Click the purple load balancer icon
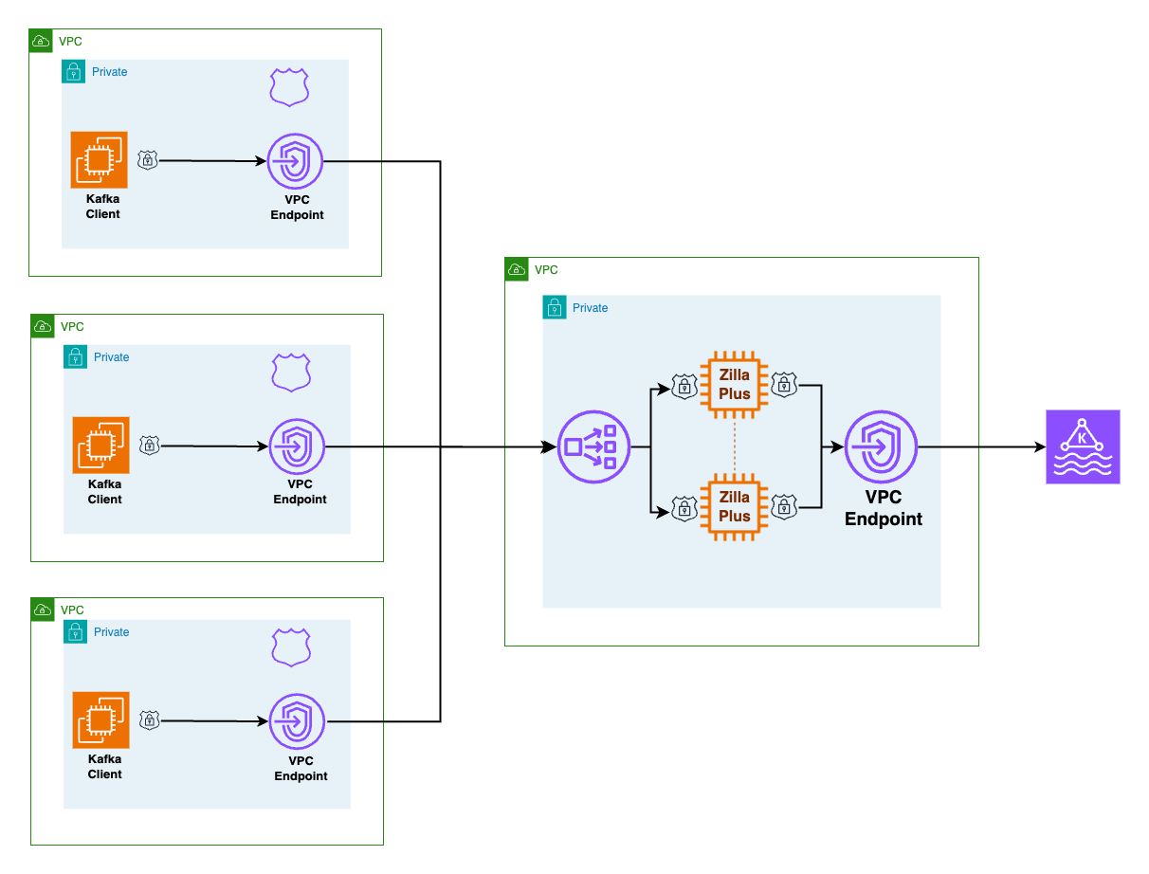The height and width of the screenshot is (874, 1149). [x=594, y=446]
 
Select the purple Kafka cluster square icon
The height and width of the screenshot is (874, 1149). [x=1083, y=446]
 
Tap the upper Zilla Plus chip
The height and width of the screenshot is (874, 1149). [x=734, y=385]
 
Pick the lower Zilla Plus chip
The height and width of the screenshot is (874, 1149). [x=734, y=507]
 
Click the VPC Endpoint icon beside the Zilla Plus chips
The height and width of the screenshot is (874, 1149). [x=882, y=446]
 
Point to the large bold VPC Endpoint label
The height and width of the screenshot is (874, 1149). [x=884, y=508]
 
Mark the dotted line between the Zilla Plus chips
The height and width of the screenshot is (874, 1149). [x=735, y=446]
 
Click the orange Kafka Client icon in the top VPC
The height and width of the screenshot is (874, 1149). [x=99, y=160]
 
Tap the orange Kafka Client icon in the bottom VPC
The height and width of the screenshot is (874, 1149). [x=101, y=720]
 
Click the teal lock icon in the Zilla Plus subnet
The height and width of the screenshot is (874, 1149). [x=555, y=307]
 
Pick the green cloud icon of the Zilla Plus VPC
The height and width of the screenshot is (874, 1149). [x=517, y=269]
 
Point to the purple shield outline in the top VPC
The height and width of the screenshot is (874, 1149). [x=289, y=87]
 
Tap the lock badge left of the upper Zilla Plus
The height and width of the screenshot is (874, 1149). [x=684, y=386]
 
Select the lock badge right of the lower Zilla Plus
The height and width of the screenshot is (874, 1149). [x=784, y=507]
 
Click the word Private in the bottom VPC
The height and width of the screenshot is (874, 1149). [x=111, y=632]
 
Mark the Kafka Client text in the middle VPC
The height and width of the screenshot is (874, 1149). [x=104, y=492]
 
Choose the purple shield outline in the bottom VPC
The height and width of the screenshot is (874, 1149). [x=291, y=646]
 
